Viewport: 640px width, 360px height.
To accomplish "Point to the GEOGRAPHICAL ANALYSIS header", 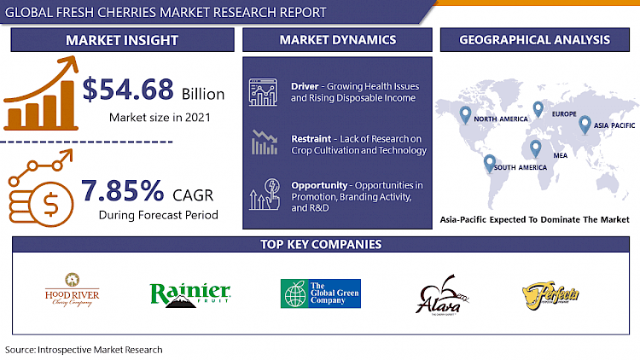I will coord(534,40).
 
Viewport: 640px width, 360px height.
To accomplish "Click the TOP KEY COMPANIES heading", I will coord(320,245).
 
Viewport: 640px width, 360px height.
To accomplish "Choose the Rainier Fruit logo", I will coord(190,293).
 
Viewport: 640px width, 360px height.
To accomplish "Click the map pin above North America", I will coord(465,113).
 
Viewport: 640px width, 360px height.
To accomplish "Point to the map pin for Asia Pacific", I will coord(585,125).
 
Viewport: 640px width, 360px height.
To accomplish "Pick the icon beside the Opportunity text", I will coord(265,194).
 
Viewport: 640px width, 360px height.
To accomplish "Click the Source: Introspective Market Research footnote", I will coord(84,350).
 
